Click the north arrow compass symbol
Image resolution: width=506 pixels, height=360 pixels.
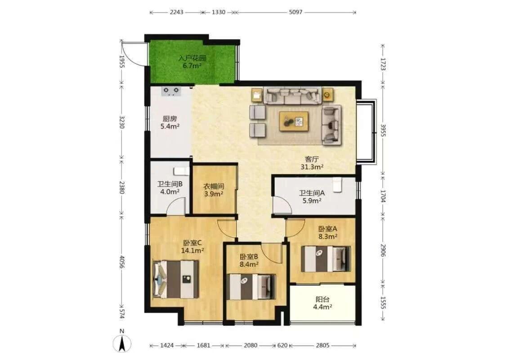(x=121, y=342)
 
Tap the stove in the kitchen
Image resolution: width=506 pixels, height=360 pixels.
(x=171, y=91)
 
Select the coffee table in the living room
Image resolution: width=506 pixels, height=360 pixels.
(x=294, y=121)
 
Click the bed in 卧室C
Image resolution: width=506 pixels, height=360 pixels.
(x=176, y=279)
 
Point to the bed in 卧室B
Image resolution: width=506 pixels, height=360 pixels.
(x=251, y=287)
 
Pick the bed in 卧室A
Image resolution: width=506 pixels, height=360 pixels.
(x=326, y=259)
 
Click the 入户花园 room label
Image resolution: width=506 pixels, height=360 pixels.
(x=193, y=58)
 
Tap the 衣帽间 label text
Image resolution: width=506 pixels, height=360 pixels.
(x=214, y=186)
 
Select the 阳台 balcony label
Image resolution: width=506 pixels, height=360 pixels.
(x=322, y=299)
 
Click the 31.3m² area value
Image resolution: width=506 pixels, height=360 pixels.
(x=312, y=167)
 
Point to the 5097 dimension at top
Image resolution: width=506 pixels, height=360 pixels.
(x=296, y=12)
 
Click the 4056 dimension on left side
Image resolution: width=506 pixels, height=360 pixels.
(x=122, y=262)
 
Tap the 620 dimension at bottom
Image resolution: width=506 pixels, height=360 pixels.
(x=282, y=346)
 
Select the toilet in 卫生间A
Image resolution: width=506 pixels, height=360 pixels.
(x=337, y=184)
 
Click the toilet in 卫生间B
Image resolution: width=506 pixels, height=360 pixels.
(x=181, y=171)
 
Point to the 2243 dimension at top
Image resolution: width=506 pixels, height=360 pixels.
(x=176, y=12)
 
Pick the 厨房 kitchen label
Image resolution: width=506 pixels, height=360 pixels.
(x=170, y=119)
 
